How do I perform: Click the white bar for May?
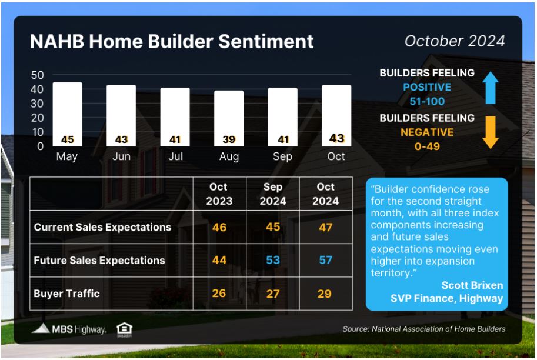click(x=68, y=114)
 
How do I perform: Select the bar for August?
click(x=229, y=118)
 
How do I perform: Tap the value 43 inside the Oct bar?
click(x=336, y=138)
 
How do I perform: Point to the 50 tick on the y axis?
click(x=37, y=75)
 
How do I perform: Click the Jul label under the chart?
click(x=176, y=156)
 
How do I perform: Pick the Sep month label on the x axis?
click(x=282, y=157)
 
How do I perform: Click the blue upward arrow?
click(x=491, y=88)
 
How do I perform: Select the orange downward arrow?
click(x=491, y=132)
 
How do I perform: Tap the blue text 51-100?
click(x=427, y=101)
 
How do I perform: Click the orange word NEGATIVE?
click(x=427, y=132)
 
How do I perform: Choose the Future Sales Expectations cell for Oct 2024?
click(x=326, y=260)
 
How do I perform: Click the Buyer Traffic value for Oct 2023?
click(x=219, y=293)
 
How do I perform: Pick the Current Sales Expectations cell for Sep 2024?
click(x=273, y=226)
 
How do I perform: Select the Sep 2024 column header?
click(x=273, y=194)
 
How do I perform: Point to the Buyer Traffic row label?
click(x=67, y=294)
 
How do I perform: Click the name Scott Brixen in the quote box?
click(x=472, y=285)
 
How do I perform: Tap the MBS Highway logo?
click(x=69, y=329)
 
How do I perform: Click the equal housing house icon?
click(x=124, y=330)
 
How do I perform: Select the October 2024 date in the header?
click(x=455, y=41)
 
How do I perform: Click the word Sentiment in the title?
click(x=266, y=41)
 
